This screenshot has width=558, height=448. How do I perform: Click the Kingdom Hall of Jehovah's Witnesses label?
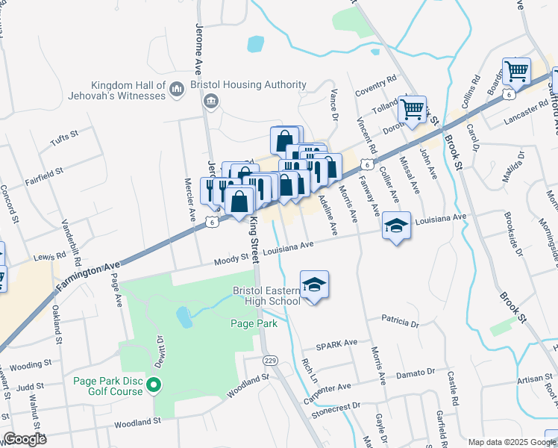point(128,90)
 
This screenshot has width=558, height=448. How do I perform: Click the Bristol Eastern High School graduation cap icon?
point(315,285)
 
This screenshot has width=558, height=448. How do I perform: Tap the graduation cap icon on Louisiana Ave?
point(397,225)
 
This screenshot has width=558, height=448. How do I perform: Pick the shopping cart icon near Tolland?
point(412,110)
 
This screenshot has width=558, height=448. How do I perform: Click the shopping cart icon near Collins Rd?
point(515,72)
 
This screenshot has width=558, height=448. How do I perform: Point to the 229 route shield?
point(271,361)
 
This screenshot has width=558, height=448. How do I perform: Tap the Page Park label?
point(254,324)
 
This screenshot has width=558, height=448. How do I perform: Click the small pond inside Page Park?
point(184,317)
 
